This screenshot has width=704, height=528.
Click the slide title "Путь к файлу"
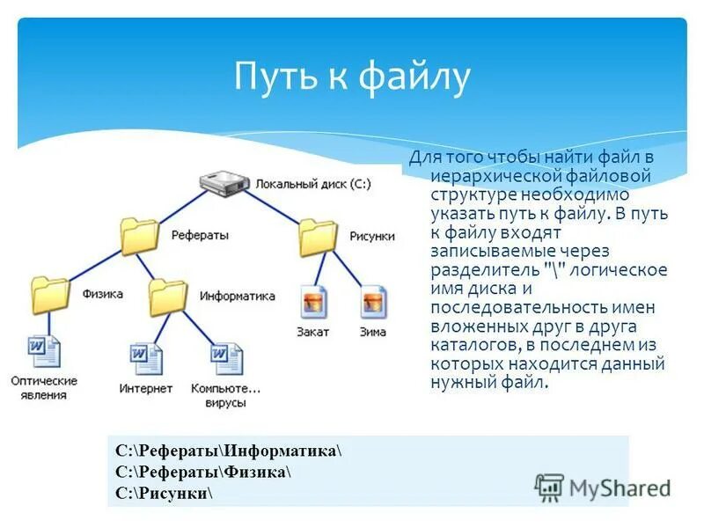352,77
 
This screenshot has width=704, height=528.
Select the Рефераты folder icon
140,235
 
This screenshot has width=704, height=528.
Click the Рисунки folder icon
317,237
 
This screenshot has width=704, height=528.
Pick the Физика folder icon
50,294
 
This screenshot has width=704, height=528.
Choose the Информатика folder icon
168,297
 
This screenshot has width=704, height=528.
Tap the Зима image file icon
373,302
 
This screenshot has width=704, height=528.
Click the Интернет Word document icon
146,359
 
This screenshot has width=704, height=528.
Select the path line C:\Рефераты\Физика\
203,473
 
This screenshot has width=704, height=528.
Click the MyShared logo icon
549,487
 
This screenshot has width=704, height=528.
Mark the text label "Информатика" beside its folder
237,296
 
